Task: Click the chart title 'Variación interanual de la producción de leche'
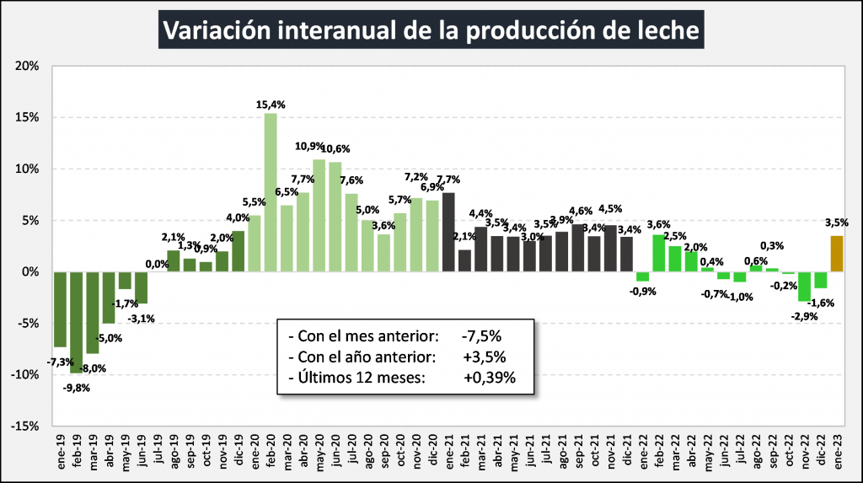431,31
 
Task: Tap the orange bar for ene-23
836,254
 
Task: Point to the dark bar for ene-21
448,233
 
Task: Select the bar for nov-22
804,287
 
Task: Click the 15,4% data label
271,105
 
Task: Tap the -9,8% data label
76,388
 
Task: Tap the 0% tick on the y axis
30,272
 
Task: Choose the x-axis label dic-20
432,453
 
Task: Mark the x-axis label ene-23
836,453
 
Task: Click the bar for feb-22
659,253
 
